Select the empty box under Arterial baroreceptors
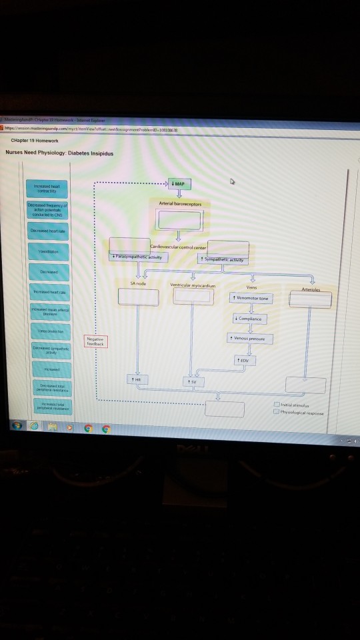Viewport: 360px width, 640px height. [x=178, y=219]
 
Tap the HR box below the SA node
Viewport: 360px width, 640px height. [x=138, y=379]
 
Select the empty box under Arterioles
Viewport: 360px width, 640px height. [x=310, y=300]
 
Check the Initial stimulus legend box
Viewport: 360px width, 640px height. [x=277, y=404]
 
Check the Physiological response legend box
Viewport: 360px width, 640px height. [x=277, y=413]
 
